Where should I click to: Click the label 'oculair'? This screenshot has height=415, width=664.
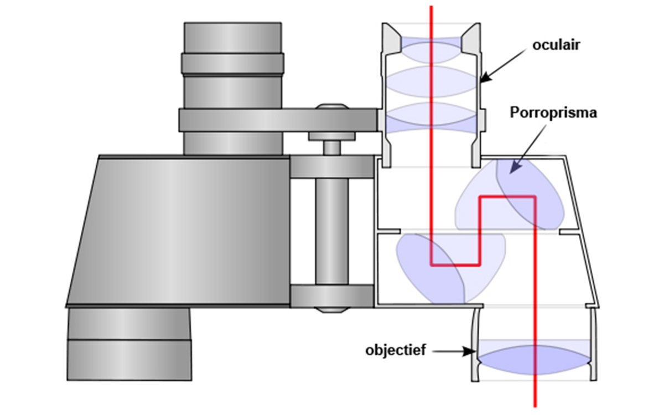tap(556, 45)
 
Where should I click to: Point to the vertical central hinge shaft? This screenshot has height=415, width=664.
tap(331, 232)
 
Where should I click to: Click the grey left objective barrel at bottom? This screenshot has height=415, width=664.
tap(129, 343)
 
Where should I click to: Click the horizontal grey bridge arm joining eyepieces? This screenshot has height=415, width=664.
tap(277, 120)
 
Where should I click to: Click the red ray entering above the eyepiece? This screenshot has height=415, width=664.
tap(432, 14)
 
